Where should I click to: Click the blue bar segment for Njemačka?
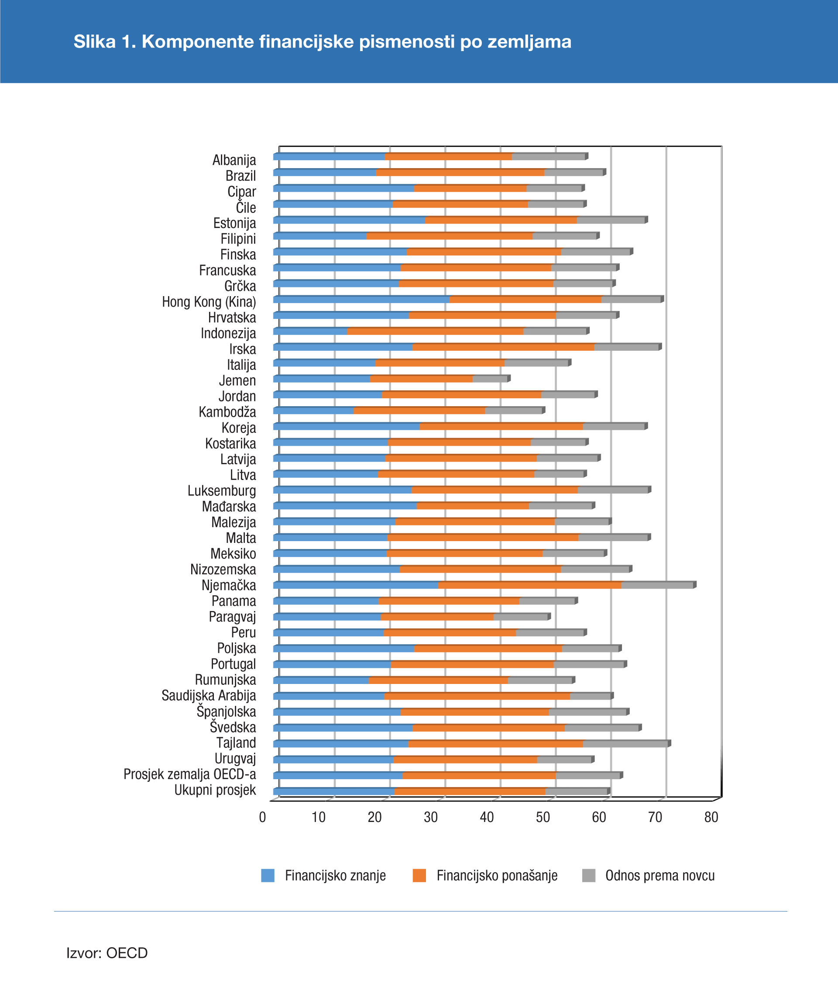(355, 586)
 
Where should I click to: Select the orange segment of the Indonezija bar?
(435, 332)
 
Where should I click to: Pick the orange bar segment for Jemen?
(421, 379)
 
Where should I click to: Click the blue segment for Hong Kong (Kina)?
(361, 300)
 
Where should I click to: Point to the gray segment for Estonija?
(611, 221)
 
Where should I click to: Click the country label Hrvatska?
(232, 318)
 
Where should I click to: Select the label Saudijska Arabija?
(209, 695)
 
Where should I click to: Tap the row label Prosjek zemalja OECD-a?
(189, 774)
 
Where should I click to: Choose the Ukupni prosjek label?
(215, 790)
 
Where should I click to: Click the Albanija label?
(234, 160)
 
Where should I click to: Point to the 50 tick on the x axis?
(543, 817)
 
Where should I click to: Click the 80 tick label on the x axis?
(711, 817)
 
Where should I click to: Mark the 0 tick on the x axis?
(262, 817)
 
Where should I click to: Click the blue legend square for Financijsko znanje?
(268, 876)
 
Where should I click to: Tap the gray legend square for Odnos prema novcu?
(589, 876)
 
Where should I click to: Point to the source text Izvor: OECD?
(107, 953)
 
